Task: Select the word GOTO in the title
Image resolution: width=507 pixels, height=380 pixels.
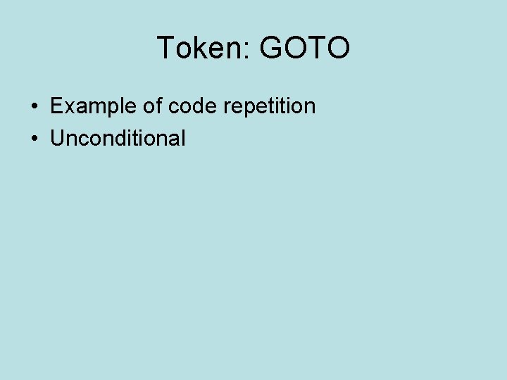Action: click(x=305, y=48)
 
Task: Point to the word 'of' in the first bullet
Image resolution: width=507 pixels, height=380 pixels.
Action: click(x=154, y=106)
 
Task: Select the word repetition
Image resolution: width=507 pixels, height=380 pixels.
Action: click(x=270, y=106)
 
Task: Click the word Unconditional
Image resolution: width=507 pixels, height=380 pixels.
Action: click(x=118, y=138)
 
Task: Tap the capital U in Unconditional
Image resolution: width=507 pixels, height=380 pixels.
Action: click(x=57, y=138)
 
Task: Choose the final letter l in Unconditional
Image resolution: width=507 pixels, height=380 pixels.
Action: click(x=183, y=138)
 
